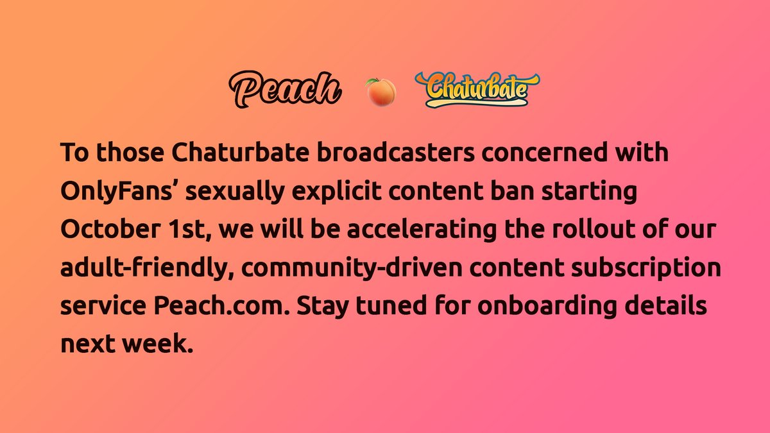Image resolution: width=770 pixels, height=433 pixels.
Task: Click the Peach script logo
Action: [x=285, y=89]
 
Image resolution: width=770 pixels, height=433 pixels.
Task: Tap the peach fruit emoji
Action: [x=381, y=92]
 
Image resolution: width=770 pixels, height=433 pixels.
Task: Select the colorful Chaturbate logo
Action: [x=477, y=89]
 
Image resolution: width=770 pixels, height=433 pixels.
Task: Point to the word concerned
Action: [x=545, y=152]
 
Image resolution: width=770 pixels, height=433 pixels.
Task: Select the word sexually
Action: [x=235, y=191]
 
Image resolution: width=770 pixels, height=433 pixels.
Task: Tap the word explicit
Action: [x=337, y=191]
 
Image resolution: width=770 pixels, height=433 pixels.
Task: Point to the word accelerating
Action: [x=422, y=230]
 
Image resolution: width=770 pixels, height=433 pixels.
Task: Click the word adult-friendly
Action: [x=147, y=268]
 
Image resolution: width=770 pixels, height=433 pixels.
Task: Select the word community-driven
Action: [x=352, y=268]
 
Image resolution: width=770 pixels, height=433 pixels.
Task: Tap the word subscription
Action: [x=646, y=268]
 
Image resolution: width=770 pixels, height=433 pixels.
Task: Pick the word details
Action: [x=665, y=305]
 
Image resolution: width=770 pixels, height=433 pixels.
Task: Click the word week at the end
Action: [x=157, y=344]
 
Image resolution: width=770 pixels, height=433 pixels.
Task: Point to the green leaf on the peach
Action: [x=372, y=82]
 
